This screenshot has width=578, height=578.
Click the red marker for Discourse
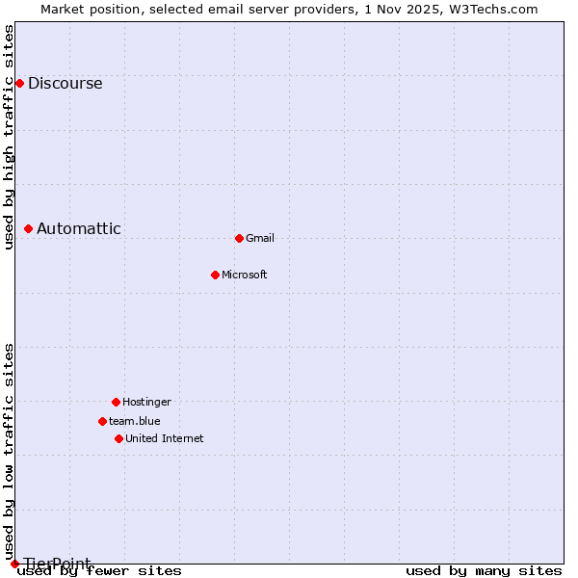coord(19,83)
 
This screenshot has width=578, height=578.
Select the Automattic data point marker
coord(29,228)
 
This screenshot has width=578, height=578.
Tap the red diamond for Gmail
coord(239,238)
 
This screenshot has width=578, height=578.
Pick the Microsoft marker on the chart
coord(215,275)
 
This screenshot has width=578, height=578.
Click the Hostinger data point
coord(116,402)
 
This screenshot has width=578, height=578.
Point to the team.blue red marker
coord(102,421)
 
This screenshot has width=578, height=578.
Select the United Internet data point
coord(118,438)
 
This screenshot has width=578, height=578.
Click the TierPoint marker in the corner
coord(14,564)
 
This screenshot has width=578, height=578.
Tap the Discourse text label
coord(65,83)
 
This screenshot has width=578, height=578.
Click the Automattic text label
coord(79,228)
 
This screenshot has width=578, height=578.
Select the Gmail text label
coord(260,238)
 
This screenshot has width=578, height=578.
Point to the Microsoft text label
coord(245,275)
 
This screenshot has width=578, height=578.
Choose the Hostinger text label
coord(146,402)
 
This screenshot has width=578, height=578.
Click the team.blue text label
coord(135,421)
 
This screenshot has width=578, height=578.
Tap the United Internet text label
coord(165,438)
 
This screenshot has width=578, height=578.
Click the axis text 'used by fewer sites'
coord(100,571)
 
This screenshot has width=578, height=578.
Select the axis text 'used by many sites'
coord(484,571)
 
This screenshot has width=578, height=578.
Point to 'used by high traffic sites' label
coord(9,137)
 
